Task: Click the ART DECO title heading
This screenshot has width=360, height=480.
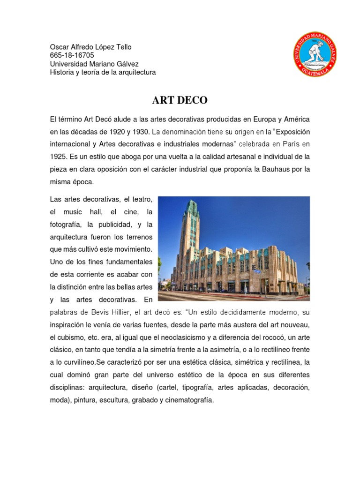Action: click(x=180, y=100)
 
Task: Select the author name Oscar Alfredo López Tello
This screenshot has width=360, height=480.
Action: click(x=91, y=47)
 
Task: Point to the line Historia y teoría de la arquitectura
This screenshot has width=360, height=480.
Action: click(x=103, y=72)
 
